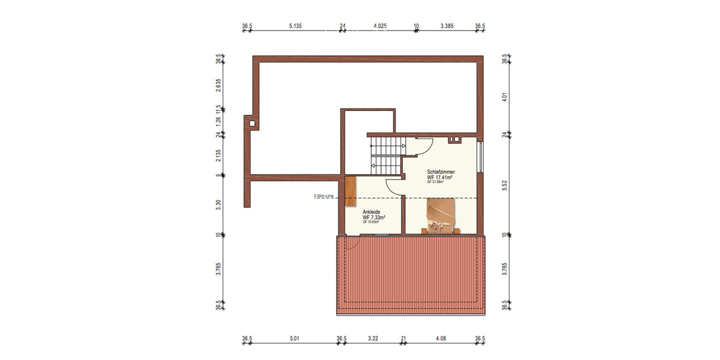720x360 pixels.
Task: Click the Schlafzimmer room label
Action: [x=440, y=172]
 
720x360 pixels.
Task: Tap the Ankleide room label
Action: [x=371, y=212]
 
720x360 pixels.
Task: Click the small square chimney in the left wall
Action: [x=253, y=124]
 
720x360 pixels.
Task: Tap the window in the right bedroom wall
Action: [x=481, y=157]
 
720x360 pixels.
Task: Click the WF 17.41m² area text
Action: [x=440, y=178]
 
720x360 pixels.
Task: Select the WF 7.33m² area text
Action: [x=374, y=217]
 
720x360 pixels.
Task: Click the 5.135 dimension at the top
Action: [x=295, y=26]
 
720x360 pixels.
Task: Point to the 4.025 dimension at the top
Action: [x=380, y=26]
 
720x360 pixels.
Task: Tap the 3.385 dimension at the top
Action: [x=447, y=26]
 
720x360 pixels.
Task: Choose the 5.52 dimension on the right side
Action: [x=505, y=185]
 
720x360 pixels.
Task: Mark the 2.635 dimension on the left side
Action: [x=219, y=84]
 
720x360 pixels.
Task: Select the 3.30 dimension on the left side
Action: [x=219, y=205]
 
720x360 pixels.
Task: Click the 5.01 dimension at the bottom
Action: [x=294, y=339]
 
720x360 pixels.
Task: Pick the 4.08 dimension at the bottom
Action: [x=441, y=339]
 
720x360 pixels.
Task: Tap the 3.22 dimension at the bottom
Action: [x=372, y=339]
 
